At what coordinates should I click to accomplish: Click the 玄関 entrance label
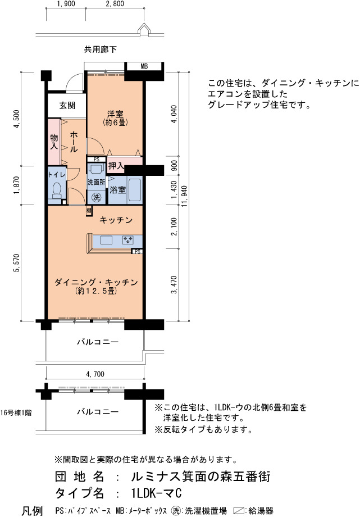[x=67, y=106]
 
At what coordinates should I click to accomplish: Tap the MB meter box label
[x=144, y=66]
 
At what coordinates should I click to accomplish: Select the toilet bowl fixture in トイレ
[x=57, y=191]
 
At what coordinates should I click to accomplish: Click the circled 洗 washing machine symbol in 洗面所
[x=96, y=197]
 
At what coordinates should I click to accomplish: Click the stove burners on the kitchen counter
[x=127, y=240]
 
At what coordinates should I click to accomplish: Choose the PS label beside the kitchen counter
[x=138, y=252]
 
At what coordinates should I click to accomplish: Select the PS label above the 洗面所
[x=96, y=159]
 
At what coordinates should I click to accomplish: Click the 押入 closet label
[x=116, y=166]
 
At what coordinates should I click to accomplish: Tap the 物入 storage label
[x=54, y=141]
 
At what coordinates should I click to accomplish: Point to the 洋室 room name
[x=115, y=115]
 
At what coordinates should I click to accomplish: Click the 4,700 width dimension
[x=95, y=374]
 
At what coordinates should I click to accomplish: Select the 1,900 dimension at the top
[x=66, y=3]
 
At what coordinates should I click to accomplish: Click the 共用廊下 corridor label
[x=100, y=49]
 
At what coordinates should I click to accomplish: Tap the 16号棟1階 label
[x=16, y=412]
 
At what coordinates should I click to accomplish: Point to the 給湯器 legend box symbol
[x=239, y=511]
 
